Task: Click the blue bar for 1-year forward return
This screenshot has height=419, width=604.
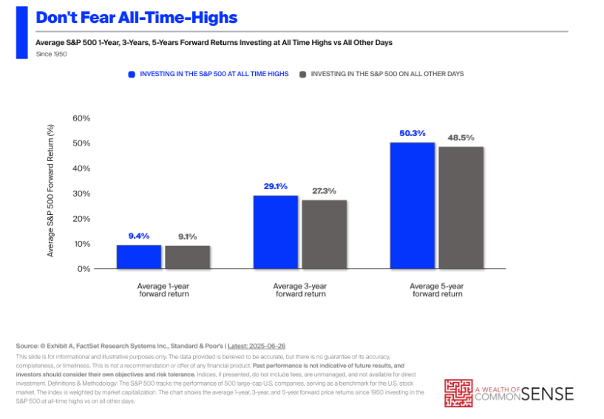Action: [139, 256]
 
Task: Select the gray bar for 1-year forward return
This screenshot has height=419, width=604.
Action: [187, 256]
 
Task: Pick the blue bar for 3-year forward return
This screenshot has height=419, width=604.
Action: [276, 232]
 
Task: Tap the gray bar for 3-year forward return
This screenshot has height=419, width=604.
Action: [324, 234]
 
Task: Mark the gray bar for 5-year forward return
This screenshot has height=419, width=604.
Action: [461, 208]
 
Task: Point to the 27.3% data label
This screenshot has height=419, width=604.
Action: [324, 191]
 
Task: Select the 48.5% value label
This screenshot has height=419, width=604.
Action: [461, 137]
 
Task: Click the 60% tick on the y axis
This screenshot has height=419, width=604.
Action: [81, 118]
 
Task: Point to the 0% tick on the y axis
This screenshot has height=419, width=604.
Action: [83, 269]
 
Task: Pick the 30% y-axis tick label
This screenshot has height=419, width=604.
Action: [81, 194]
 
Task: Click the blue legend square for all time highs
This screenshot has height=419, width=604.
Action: [132, 75]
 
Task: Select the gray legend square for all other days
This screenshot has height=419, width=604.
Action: [303, 75]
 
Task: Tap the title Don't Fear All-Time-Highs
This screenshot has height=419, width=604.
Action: [137, 17]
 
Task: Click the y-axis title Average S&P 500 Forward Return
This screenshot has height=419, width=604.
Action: [51, 191]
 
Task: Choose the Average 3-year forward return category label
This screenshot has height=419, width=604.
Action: [300, 290]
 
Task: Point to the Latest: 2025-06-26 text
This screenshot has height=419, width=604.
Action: [258, 347]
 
